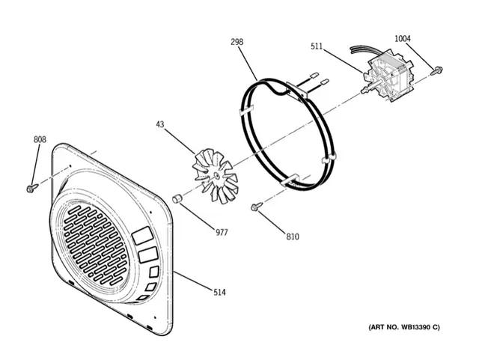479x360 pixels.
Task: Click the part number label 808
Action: click(x=40, y=140)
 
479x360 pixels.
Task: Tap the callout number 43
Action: click(x=160, y=124)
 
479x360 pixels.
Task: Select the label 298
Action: click(x=237, y=42)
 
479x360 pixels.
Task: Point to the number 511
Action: click(x=317, y=46)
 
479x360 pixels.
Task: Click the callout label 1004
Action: click(x=403, y=38)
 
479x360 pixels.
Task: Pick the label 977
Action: click(x=222, y=233)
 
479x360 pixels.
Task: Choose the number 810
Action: click(x=293, y=237)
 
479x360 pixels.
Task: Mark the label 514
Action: click(x=219, y=293)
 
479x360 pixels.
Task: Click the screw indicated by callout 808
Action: click(x=32, y=188)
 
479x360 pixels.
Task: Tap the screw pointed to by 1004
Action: click(x=436, y=71)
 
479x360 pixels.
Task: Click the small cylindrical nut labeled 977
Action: click(x=177, y=198)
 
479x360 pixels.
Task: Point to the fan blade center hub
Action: click(x=216, y=175)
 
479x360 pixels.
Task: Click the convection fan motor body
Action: click(x=388, y=76)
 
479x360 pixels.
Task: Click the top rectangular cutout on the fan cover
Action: click(x=142, y=235)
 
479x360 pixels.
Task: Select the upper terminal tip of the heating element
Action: click(x=314, y=74)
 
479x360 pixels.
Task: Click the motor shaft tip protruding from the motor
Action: click(x=364, y=91)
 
